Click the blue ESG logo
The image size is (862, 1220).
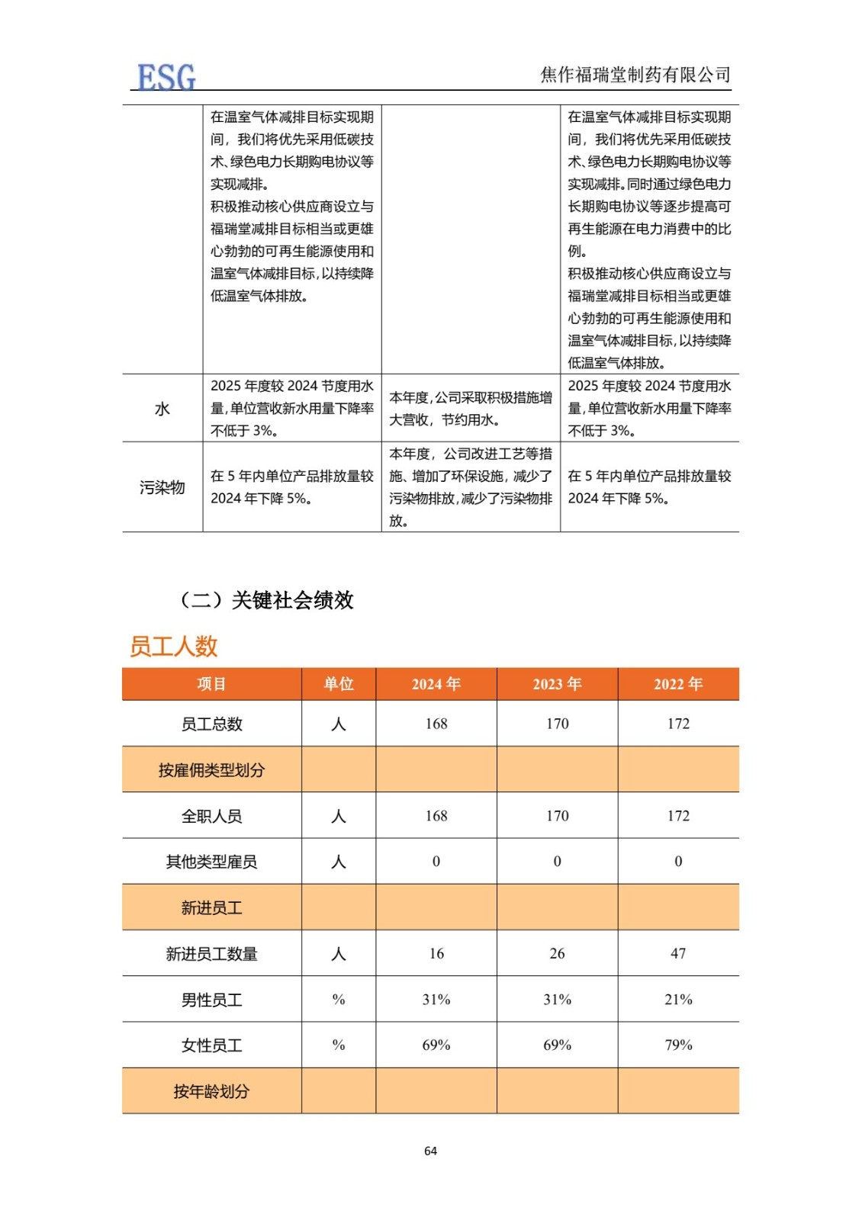tap(166, 77)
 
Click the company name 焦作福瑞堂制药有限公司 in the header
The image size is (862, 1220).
tap(635, 75)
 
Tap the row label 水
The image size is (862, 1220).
tap(162, 409)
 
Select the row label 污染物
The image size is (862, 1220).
tap(162, 487)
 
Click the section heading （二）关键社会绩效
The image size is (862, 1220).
tap(266, 600)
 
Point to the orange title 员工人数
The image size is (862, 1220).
tap(174, 647)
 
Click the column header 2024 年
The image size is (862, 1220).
tap(436, 684)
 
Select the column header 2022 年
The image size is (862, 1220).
tap(678, 684)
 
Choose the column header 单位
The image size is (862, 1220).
tap(339, 684)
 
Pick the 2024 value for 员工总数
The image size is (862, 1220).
tap(436, 724)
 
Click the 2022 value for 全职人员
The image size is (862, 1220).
tap(678, 816)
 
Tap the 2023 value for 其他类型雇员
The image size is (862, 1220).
tap(557, 862)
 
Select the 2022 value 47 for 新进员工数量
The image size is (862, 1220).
tap(678, 953)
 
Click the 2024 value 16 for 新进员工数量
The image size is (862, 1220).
tap(436, 953)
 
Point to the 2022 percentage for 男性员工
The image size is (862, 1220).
tap(678, 1000)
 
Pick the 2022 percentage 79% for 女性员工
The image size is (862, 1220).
tap(678, 1045)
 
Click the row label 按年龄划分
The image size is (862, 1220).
tap(211, 1091)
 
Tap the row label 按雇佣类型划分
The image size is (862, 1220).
tap(211, 770)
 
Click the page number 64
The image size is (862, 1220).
tap(430, 1151)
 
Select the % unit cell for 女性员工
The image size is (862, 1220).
tap(339, 1045)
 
